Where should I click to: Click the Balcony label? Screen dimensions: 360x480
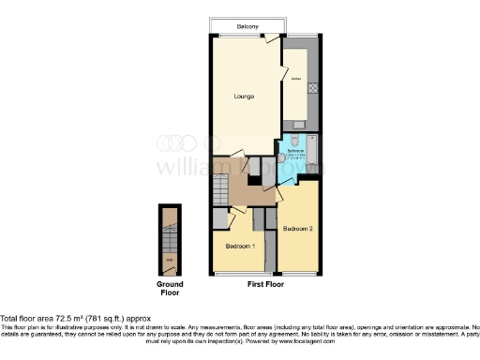(x=247, y=26)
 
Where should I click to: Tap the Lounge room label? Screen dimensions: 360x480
(x=245, y=97)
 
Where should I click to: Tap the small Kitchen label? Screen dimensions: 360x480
(x=294, y=82)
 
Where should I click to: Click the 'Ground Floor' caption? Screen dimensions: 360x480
(x=169, y=288)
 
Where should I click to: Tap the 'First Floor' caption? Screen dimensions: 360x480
(x=265, y=283)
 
